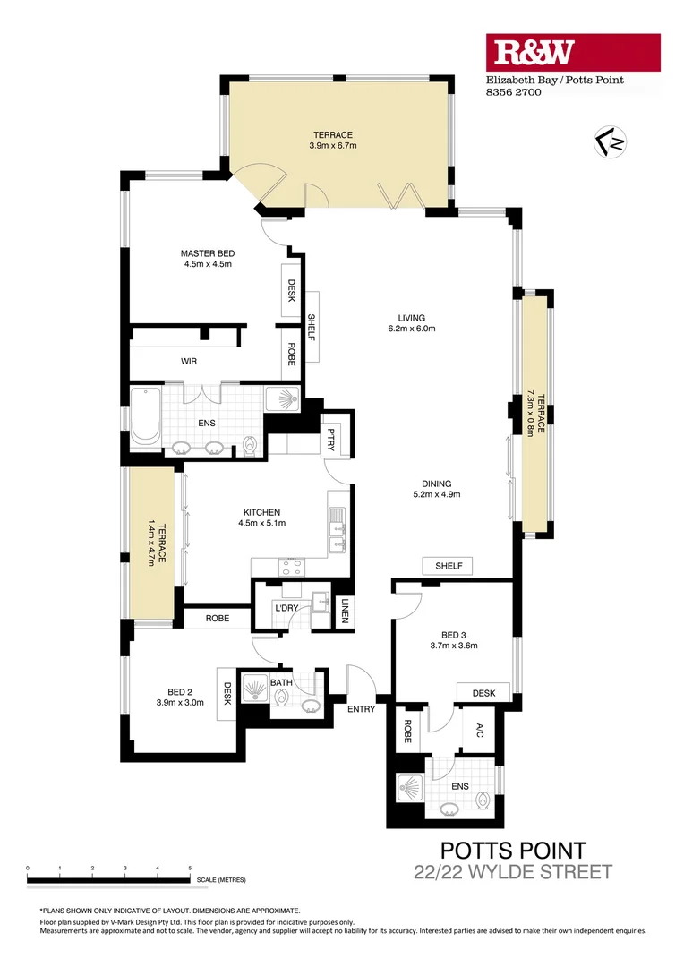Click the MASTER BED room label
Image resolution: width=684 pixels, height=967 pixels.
[207, 253]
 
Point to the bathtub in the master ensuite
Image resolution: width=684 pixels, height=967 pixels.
[145, 417]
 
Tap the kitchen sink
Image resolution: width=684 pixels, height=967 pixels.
[337, 529]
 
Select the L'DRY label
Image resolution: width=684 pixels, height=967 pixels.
[286, 609]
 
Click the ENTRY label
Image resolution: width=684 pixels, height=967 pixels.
[362, 709]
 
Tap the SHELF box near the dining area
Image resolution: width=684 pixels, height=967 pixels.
[449, 566]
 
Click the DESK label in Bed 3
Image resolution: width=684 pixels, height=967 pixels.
[484, 692]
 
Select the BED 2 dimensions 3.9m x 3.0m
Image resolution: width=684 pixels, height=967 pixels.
[179, 703]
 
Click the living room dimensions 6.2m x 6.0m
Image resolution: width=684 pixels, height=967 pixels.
[412, 329]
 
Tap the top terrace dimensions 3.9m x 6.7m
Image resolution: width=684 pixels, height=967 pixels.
[333, 145]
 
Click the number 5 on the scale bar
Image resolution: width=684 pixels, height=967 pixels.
[190, 869]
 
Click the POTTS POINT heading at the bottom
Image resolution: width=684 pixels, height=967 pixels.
[514, 851]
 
